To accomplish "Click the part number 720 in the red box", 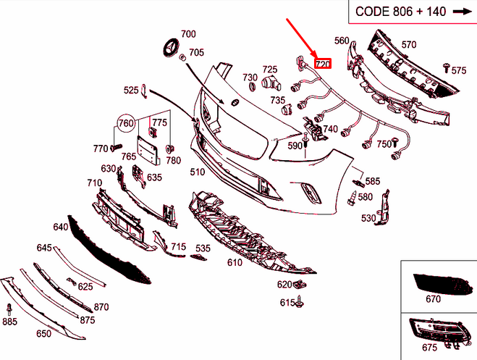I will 322,64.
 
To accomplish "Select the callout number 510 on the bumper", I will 197,172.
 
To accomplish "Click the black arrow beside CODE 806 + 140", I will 460,11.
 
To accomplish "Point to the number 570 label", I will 408,45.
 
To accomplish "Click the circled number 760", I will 126,123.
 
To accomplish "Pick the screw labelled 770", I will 114,147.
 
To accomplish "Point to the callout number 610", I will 234,262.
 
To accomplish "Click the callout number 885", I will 9,321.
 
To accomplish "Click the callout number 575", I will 459,70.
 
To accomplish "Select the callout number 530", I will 368,218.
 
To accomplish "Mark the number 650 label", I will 43,334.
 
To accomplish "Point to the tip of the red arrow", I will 318,59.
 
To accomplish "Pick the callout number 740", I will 331,130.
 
